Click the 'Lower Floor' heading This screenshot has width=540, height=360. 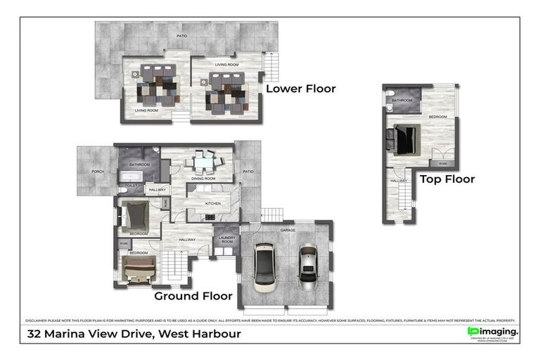pyautogui.click(x=300, y=89)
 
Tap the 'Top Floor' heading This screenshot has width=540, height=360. pyautogui.click(x=447, y=179)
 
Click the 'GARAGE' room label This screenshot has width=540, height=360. pyautogui.click(x=287, y=230)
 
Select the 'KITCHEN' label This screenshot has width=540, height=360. pyautogui.click(x=213, y=204)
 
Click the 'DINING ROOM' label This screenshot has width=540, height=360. pyautogui.click(x=202, y=179)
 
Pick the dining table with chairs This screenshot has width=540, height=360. pyautogui.click(x=202, y=163)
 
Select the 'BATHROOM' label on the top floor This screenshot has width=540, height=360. pyautogui.click(x=401, y=101)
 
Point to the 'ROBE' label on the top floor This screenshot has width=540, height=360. pyautogui.click(x=442, y=163)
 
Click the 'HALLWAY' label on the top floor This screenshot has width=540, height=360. pyautogui.click(x=398, y=181)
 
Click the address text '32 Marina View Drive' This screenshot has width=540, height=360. pyautogui.click(x=92, y=334)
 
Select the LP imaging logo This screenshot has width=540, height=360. pyautogui.click(x=494, y=331)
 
